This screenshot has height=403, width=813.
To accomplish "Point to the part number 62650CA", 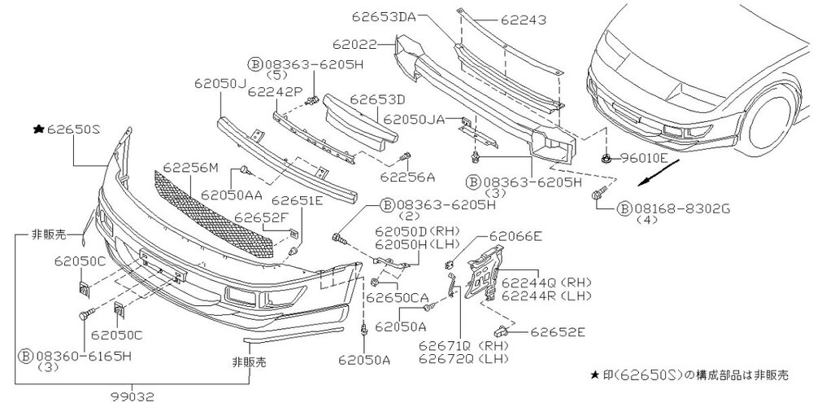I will click(x=397, y=298).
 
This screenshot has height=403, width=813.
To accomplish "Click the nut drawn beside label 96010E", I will click(x=608, y=156).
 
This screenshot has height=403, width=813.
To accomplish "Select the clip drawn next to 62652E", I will click(x=501, y=331).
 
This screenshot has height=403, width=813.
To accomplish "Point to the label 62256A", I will click(x=407, y=175).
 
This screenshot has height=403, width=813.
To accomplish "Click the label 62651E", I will click(x=298, y=200).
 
